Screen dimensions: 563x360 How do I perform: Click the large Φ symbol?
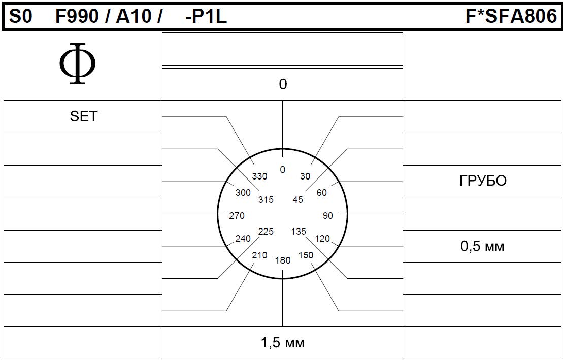pyautogui.click(x=78, y=63)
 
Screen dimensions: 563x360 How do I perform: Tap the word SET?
pyautogui.click(x=84, y=116)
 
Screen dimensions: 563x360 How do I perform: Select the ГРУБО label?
pyautogui.click(x=483, y=181)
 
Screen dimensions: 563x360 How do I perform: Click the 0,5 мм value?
pyautogui.click(x=482, y=246)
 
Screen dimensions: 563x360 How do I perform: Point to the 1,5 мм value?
pyautogui.click(x=283, y=343)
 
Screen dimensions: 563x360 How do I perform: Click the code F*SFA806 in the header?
pyautogui.click(x=511, y=17)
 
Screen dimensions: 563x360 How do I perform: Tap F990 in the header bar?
pyautogui.click(x=77, y=17)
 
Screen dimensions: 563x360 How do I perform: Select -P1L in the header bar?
pyautogui.click(x=206, y=17)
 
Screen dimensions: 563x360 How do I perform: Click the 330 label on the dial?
pyautogui.click(x=259, y=176)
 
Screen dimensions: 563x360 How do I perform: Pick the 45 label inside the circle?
pyautogui.click(x=297, y=199)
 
